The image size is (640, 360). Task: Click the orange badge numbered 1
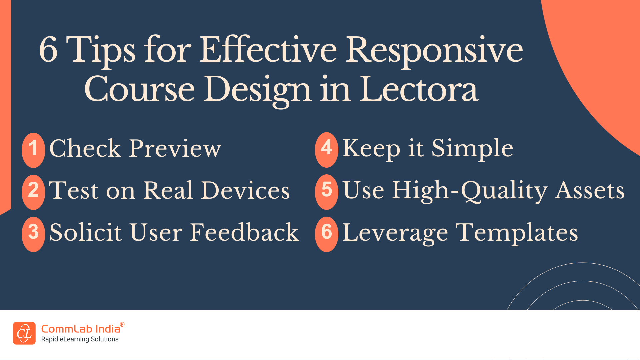point(33,150)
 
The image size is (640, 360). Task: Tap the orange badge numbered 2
point(33,192)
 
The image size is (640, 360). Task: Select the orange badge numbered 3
point(33,234)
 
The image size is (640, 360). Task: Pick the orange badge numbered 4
point(327,150)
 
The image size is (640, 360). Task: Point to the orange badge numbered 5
point(327,192)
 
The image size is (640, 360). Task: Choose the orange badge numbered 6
point(327,234)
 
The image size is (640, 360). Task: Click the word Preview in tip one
point(175,149)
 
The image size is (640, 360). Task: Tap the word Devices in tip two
point(245,191)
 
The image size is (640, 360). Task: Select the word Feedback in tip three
point(244,232)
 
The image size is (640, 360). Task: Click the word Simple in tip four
point(472,149)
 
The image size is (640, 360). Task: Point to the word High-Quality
point(470,191)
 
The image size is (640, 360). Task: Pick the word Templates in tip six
point(517,232)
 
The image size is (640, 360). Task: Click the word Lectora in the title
point(419,89)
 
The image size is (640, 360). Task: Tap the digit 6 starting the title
point(49,50)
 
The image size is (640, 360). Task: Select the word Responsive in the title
point(434,50)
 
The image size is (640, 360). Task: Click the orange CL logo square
point(24,333)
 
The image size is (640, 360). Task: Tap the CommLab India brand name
point(80,329)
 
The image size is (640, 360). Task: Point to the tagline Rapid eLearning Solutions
point(80,339)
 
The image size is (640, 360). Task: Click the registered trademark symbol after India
point(122,324)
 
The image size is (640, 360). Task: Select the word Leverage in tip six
point(395,233)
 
